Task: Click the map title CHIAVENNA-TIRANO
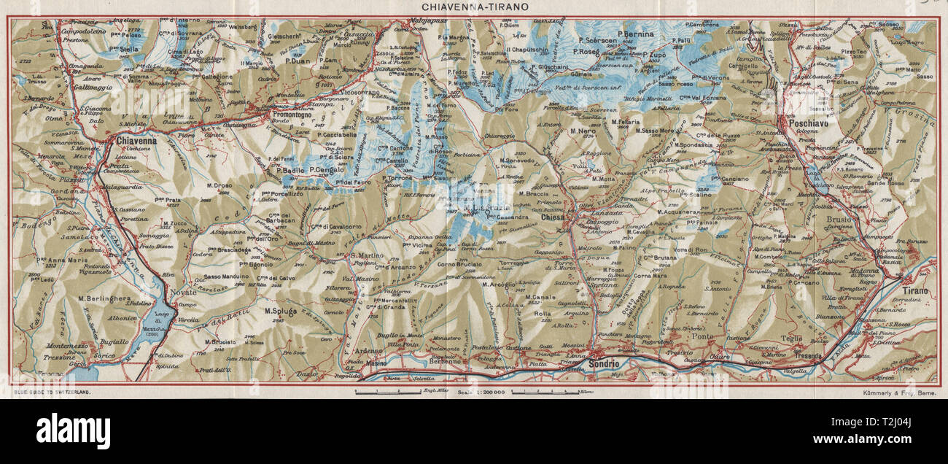point(474,6)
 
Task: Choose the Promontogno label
point(292,115)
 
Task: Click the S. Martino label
point(362,255)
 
